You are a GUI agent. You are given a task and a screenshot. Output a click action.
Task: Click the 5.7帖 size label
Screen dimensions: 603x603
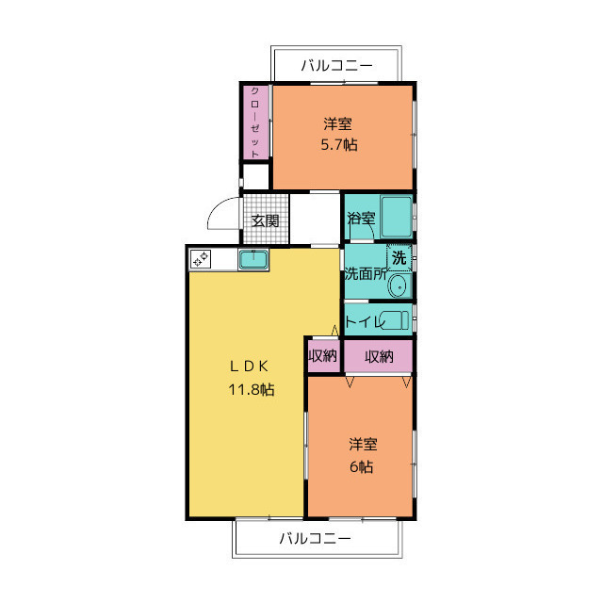pyautogui.click(x=339, y=145)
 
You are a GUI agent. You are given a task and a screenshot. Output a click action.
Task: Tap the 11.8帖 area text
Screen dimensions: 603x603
pyautogui.click(x=252, y=389)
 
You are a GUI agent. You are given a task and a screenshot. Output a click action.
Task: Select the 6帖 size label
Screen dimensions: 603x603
pyautogui.click(x=362, y=466)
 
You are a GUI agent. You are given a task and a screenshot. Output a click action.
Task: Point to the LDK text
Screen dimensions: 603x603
pyautogui.click(x=249, y=367)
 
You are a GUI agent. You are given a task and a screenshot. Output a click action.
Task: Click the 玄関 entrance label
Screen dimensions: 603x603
pyautogui.click(x=265, y=220)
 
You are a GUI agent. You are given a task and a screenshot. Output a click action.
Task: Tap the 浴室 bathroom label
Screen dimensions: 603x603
pyautogui.click(x=361, y=218)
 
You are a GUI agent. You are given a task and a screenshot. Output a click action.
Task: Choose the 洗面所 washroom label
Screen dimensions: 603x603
pyautogui.click(x=366, y=273)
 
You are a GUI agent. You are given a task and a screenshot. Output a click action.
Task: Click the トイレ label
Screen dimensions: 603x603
pyautogui.click(x=365, y=320)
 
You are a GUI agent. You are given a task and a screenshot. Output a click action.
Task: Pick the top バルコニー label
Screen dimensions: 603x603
pyautogui.click(x=337, y=65)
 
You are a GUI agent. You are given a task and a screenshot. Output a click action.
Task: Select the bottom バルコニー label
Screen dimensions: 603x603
pyautogui.click(x=316, y=538)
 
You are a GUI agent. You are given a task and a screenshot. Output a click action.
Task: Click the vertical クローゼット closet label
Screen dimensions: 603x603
pyautogui.click(x=255, y=122)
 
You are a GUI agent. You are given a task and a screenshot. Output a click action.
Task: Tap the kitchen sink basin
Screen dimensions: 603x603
pyautogui.click(x=253, y=260)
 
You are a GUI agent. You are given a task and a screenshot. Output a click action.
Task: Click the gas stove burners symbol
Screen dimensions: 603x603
pyautogui.click(x=201, y=258)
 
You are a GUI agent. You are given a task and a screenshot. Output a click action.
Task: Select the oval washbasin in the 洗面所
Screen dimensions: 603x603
pyautogui.click(x=399, y=286)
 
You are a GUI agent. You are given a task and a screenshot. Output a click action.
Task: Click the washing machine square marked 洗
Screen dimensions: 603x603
pyautogui.click(x=399, y=257)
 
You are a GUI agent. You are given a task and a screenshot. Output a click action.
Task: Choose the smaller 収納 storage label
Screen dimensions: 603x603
pyautogui.click(x=323, y=356)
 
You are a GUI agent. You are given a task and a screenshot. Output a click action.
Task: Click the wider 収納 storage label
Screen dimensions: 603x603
pyautogui.click(x=379, y=357)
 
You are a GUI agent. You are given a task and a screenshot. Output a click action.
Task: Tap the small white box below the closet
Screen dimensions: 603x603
pyautogui.click(x=255, y=176)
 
